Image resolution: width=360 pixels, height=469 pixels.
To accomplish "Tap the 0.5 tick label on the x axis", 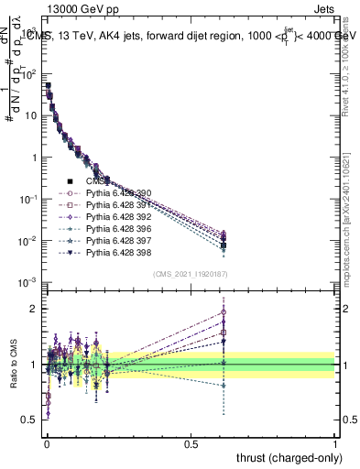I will pyautogui.click(x=191, y=442).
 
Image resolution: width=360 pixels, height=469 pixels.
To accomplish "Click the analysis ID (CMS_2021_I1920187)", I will pyautogui.click(x=191, y=274).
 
